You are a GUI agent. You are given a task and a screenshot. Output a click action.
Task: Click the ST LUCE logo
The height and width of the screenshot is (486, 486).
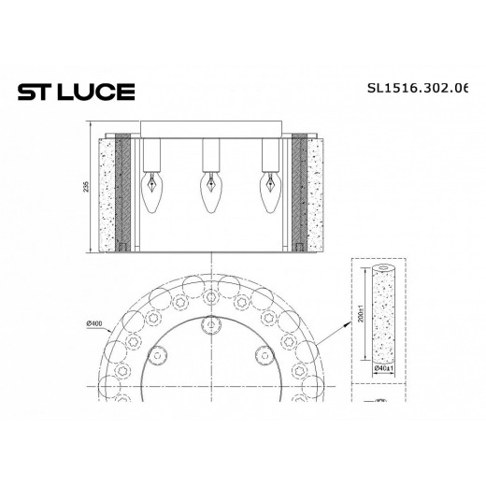(76, 91)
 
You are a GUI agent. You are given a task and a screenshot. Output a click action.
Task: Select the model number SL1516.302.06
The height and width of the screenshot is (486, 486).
(420, 91)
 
